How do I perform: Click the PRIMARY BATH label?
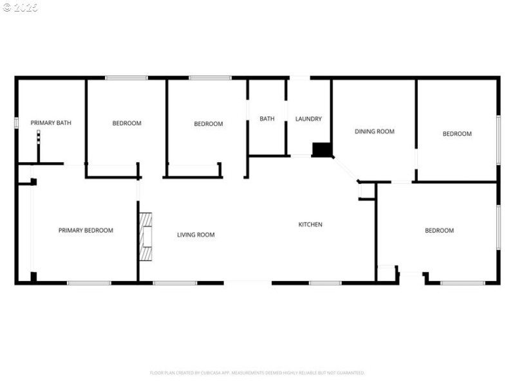[x=51, y=123]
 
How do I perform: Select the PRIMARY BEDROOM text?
[x=86, y=230]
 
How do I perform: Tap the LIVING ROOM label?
[x=196, y=235]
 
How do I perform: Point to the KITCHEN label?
[x=310, y=225]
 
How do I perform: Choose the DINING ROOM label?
[x=374, y=131]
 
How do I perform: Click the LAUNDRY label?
[x=308, y=119]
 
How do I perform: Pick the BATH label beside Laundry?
[x=267, y=119]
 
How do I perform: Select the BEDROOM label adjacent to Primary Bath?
[x=127, y=123]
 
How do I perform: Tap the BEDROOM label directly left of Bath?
[x=209, y=124]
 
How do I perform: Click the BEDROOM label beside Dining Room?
[x=456, y=134]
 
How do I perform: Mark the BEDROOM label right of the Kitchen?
[x=439, y=230]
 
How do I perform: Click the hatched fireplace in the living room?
[x=147, y=237]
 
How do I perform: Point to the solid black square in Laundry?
[x=321, y=149]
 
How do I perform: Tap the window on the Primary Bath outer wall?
[x=16, y=122]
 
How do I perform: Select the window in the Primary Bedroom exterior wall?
[x=89, y=282]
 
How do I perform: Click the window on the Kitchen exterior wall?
[x=325, y=282]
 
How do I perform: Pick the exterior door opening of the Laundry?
[x=299, y=78]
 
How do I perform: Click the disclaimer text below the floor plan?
[x=257, y=372]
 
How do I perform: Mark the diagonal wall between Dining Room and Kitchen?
[x=345, y=169]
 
